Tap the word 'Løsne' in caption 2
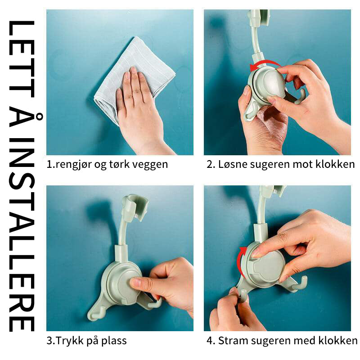pyautogui.click(x=233, y=164)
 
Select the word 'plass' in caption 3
pyautogui.click(x=114, y=341)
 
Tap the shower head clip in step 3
pyautogui.click(x=135, y=207)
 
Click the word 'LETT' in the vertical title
pyautogui.click(x=22, y=59)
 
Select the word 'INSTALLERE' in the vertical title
pyautogui.click(x=22, y=235)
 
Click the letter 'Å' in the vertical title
pyautogui.click(x=25, y=121)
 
